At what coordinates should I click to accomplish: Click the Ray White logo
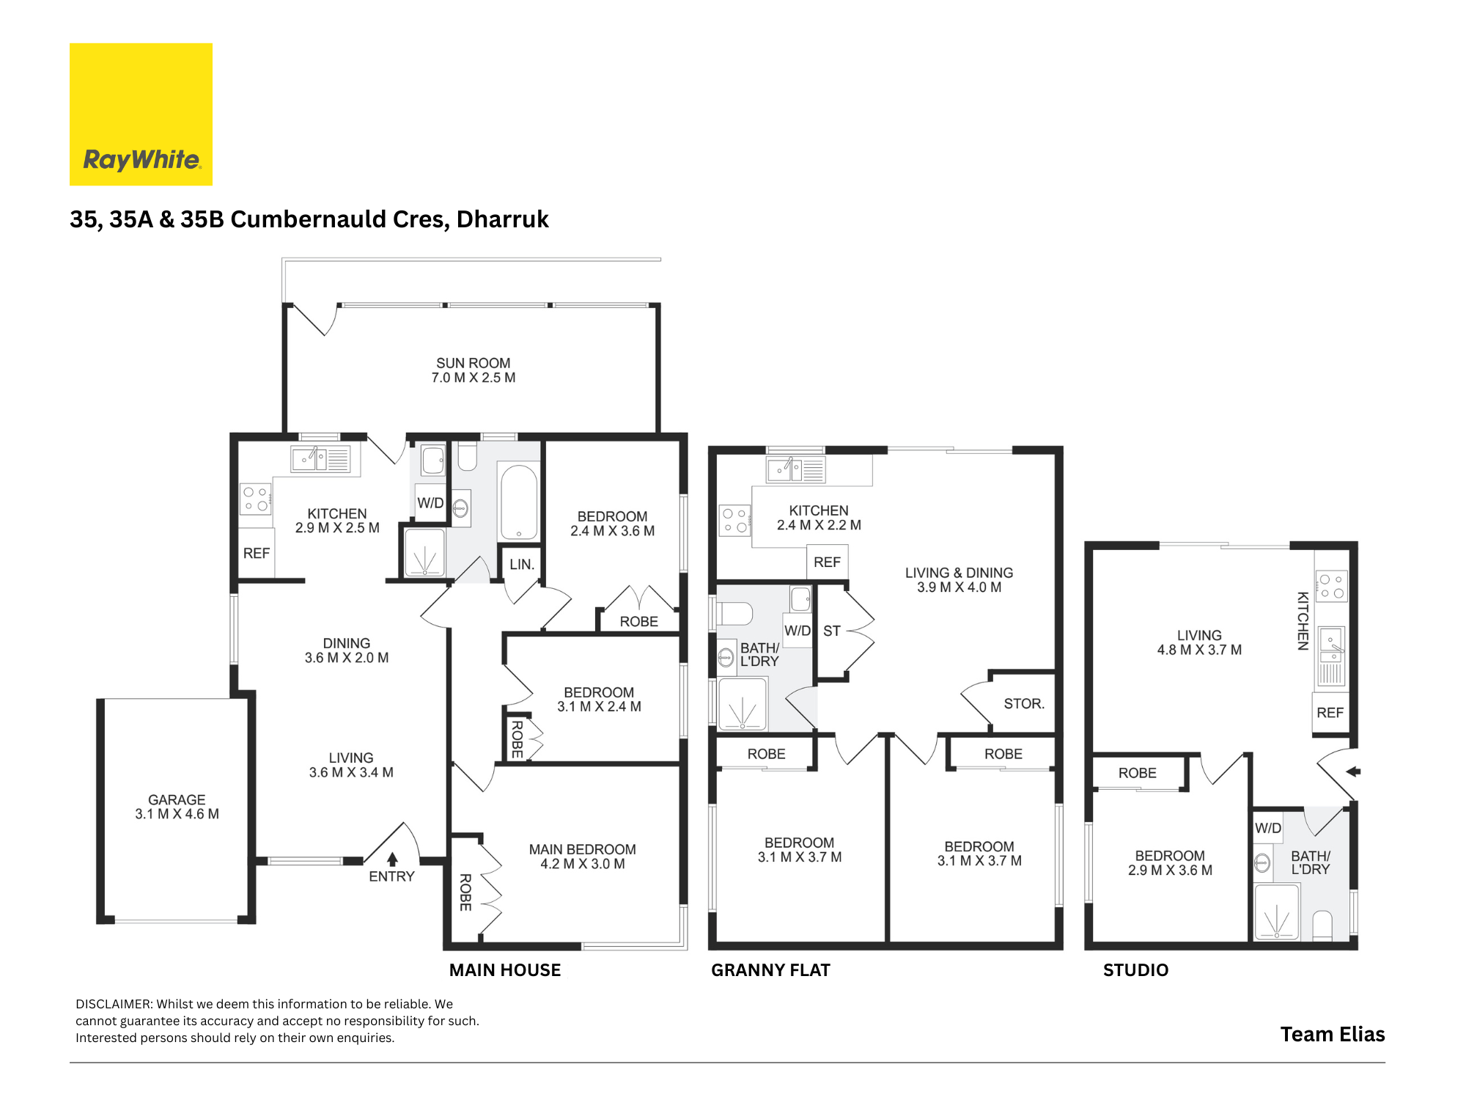pyautogui.click(x=141, y=114)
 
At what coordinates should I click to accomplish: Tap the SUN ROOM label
pyautogui.click(x=474, y=363)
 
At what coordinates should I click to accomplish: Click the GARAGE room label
pyautogui.click(x=177, y=799)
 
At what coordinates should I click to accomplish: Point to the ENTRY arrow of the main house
pyautogui.click(x=392, y=859)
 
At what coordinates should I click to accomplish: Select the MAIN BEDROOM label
pyautogui.click(x=583, y=849)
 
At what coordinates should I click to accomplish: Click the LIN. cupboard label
pyautogui.click(x=522, y=565)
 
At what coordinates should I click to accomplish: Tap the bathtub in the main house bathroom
pyautogui.click(x=518, y=502)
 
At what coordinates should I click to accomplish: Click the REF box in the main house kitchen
pyautogui.click(x=257, y=553)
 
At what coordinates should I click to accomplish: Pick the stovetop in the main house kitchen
pyautogui.click(x=256, y=499)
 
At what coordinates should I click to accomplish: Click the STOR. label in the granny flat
pyautogui.click(x=1024, y=703)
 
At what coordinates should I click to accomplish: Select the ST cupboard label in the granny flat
pyautogui.click(x=832, y=631)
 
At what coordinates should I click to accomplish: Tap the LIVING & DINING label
pyautogui.click(x=959, y=573)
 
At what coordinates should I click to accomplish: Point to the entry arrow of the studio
pyautogui.click(x=1353, y=771)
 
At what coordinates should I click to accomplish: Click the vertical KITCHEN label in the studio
pyautogui.click(x=1303, y=620)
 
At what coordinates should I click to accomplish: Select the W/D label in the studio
pyautogui.click(x=1268, y=828)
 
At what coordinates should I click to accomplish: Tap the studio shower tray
pyautogui.click(x=1277, y=912)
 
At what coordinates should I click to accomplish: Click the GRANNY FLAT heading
pyautogui.click(x=770, y=970)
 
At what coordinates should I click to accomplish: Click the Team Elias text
pyautogui.click(x=1333, y=1034)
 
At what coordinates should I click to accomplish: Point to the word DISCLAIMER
pyautogui.click(x=114, y=1004)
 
